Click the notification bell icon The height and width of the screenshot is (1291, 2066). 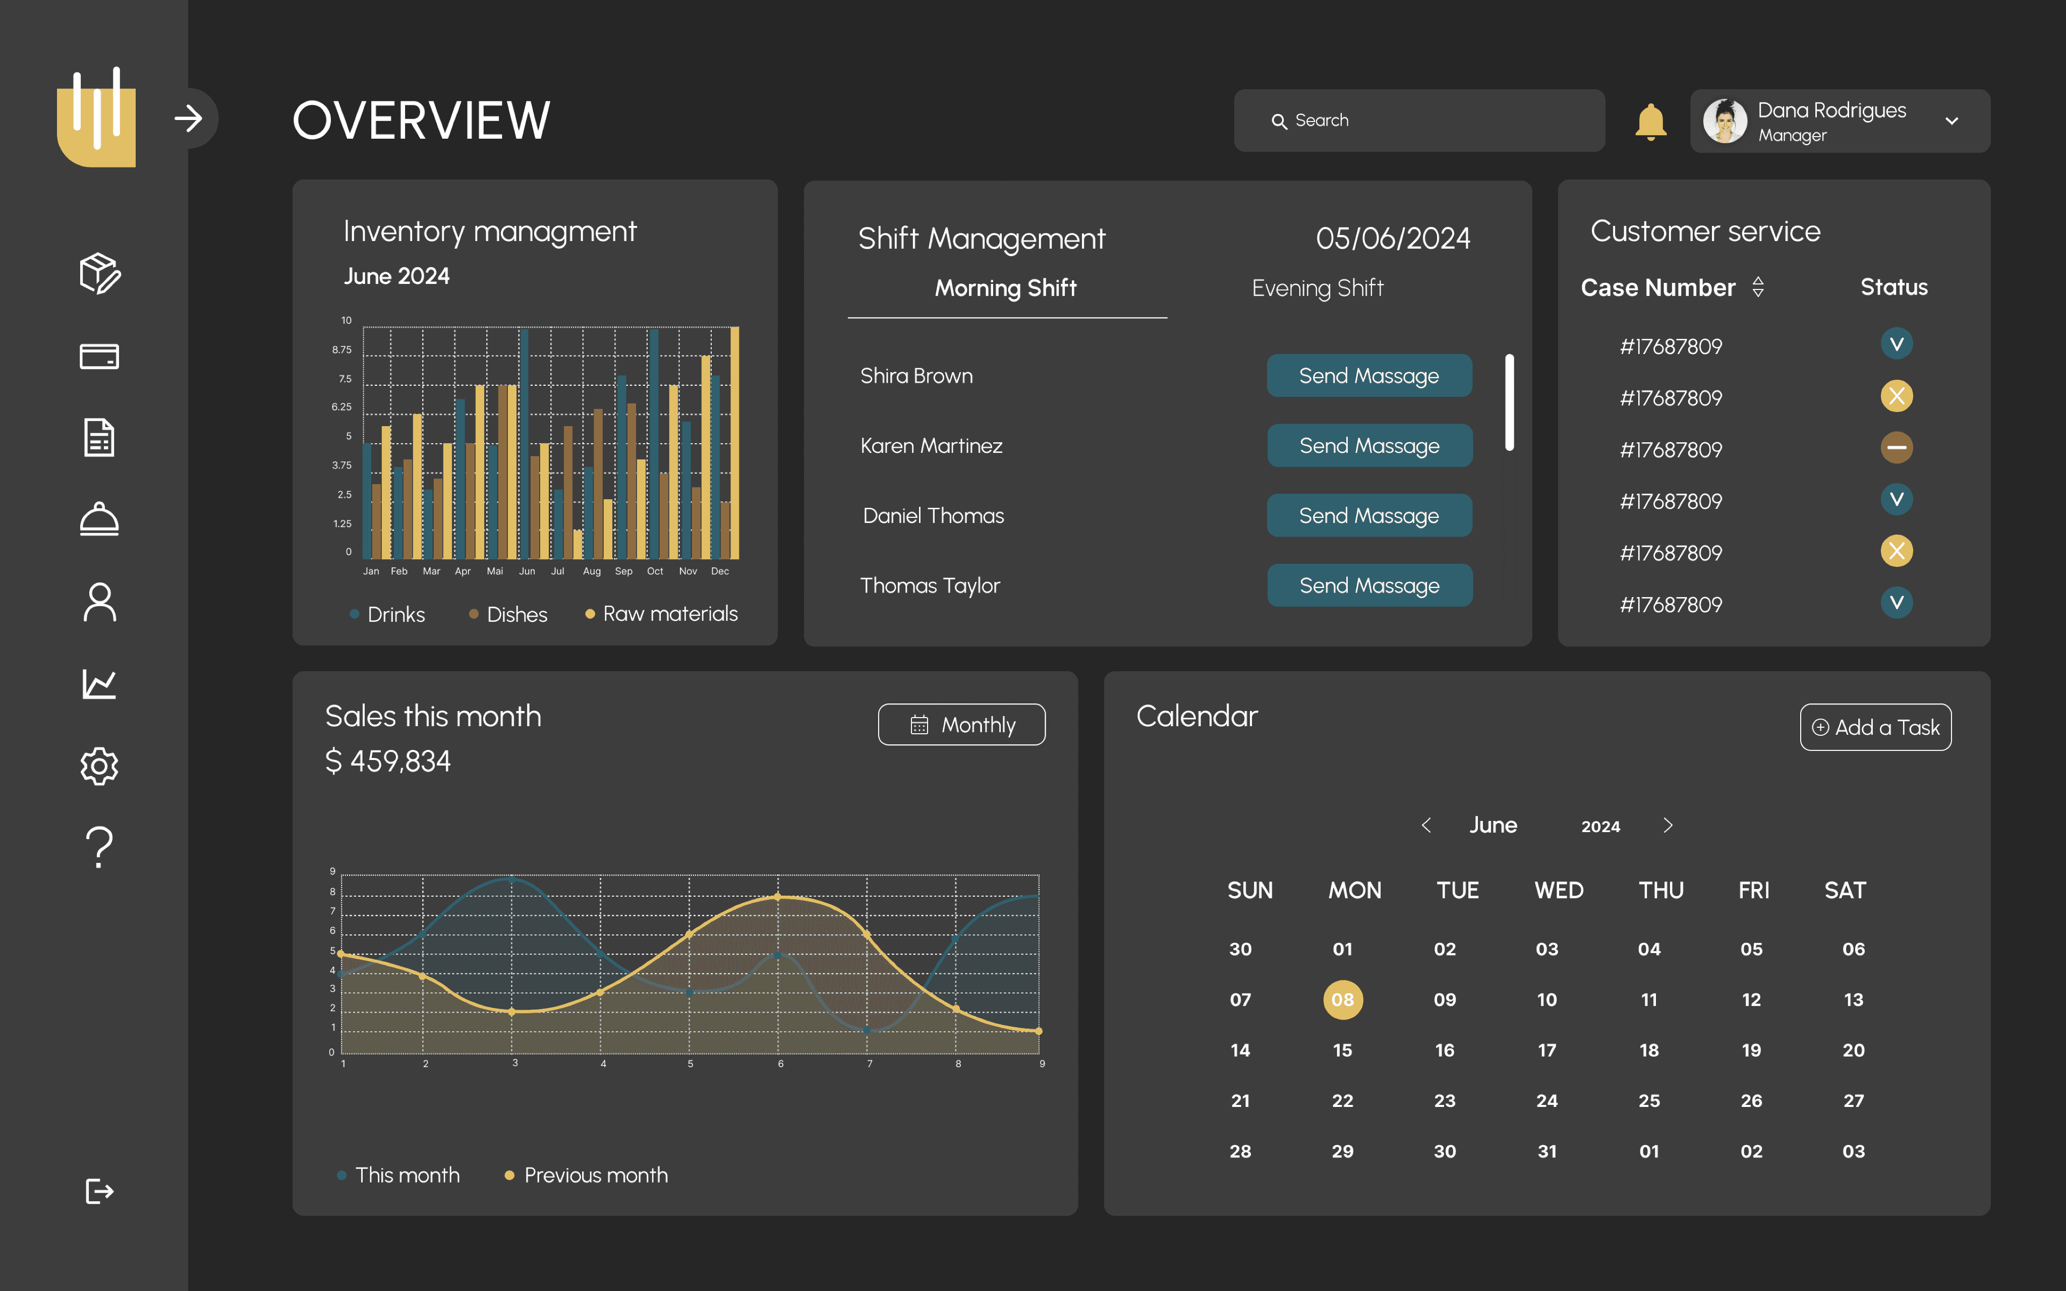click(x=1650, y=121)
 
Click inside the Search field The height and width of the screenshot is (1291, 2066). click(x=1419, y=121)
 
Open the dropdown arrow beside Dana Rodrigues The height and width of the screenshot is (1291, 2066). click(x=1952, y=121)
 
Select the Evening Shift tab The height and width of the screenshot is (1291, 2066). click(x=1317, y=288)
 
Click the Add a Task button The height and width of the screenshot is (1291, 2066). click(x=1876, y=728)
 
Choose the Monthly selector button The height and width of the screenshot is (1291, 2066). click(x=961, y=725)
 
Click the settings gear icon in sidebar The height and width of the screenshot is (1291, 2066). click(x=99, y=766)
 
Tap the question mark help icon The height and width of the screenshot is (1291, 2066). click(x=99, y=847)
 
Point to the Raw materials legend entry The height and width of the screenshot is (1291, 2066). click(x=662, y=614)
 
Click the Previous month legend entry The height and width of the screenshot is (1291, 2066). click(x=587, y=1175)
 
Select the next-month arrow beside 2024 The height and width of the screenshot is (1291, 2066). click(x=1668, y=825)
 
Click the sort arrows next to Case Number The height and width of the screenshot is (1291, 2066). click(x=1758, y=287)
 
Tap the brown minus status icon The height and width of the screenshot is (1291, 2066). click(x=1896, y=447)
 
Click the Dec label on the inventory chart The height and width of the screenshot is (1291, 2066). click(x=720, y=571)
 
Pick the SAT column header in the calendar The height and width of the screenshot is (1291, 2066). click(x=1845, y=891)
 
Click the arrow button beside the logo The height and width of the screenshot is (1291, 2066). click(x=189, y=118)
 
